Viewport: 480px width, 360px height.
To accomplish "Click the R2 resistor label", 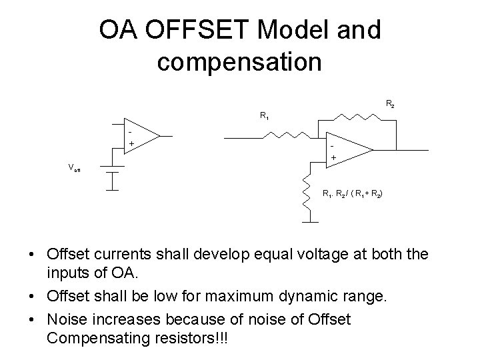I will (389, 104).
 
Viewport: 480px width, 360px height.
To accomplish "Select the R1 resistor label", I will (265, 116).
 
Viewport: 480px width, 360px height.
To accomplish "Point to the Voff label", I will (75, 168).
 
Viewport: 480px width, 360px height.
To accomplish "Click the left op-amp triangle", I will (140, 137).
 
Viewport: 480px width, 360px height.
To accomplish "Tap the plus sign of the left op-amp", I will (131, 143).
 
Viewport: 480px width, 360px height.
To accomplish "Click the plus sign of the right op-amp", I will (334, 158).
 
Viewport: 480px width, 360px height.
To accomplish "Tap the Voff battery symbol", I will (113, 172).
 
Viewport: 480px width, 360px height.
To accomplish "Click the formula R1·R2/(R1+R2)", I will (353, 194).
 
